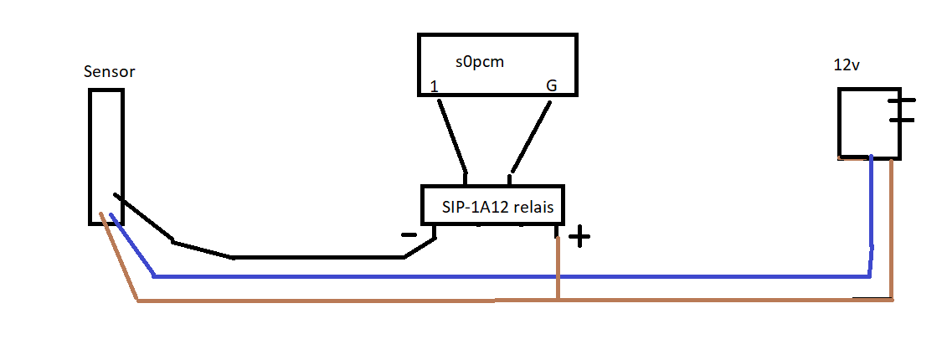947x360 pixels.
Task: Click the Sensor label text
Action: (110, 72)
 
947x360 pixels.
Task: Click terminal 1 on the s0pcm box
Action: (434, 86)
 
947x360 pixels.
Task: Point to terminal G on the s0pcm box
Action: (551, 86)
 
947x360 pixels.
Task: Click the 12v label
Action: (847, 65)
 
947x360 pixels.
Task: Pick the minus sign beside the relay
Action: (409, 235)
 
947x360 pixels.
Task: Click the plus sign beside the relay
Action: (579, 238)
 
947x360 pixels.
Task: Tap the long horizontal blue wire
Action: (502, 275)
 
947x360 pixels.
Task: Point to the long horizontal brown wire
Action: (335, 301)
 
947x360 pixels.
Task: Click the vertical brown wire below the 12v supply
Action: (892, 226)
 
